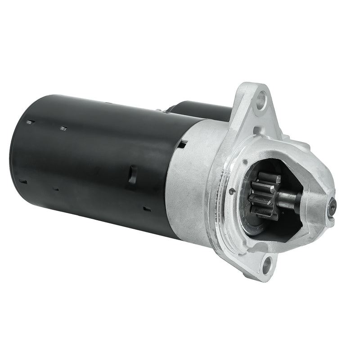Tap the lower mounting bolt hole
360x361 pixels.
pos(266,264)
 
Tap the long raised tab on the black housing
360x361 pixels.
pos(132,174)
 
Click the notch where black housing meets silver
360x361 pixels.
pos(183,143)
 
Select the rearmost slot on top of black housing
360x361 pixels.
pos(30,121)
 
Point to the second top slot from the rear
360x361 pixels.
pos(63,129)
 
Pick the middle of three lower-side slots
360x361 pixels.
pos(55,189)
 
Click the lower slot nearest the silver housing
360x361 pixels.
pos(147,209)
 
